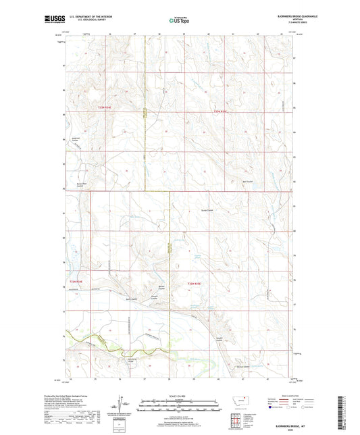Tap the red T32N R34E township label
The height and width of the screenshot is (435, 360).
pyautogui.click(x=75, y=282)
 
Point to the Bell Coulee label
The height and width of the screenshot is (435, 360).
pyautogui.click(x=247, y=181)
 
